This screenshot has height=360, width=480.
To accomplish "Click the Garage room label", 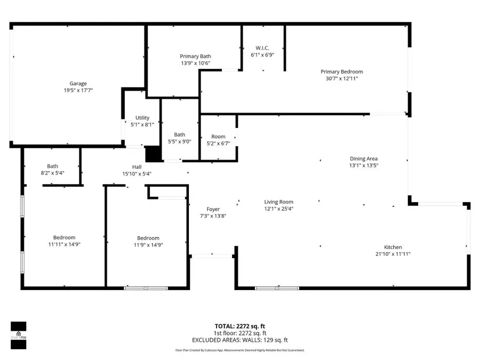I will coord(78,84).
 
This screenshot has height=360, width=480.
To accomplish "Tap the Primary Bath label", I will coord(195,57).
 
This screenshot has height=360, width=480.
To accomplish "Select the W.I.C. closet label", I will coord(262,47).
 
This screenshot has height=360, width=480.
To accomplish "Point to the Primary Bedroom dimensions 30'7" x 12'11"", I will coord(341,78).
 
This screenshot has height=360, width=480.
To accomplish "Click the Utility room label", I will coord(142,118).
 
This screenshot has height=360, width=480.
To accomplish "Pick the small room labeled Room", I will coord(218,137).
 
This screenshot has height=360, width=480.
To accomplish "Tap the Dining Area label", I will coord(364,158).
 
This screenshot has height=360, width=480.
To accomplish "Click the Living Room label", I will coord(278,202).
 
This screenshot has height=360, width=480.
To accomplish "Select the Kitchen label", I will coord(393,247).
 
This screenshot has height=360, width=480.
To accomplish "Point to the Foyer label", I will coord(213,209).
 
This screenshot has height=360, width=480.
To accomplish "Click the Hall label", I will coord(137,167).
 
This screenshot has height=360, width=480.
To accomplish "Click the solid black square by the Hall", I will coord(153,153).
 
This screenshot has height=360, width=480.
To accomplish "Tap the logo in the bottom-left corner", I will coord(19,335).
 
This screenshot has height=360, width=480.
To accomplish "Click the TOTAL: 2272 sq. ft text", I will coord(240,325).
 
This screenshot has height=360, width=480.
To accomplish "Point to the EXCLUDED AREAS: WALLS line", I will coord(240,340).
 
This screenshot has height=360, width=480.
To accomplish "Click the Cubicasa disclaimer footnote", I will coord(240,350).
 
